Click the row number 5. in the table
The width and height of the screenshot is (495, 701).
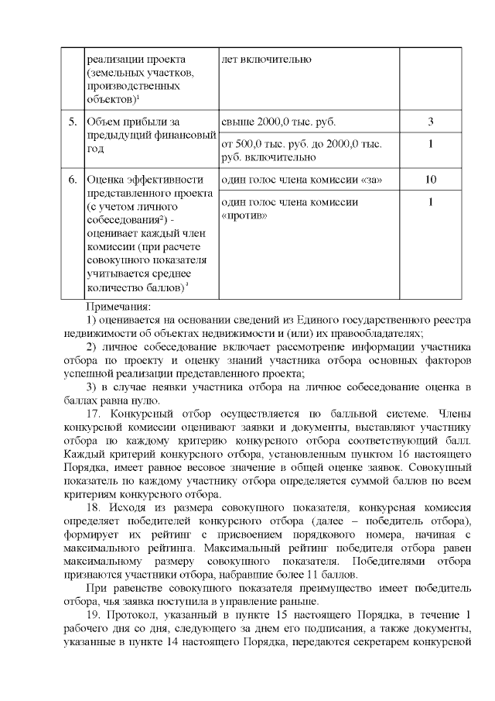click(72, 122)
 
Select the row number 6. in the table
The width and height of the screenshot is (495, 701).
click(72, 180)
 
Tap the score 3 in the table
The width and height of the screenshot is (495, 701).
click(430, 122)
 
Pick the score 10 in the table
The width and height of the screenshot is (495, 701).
click(430, 180)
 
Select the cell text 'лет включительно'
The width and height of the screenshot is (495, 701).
click(267, 59)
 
